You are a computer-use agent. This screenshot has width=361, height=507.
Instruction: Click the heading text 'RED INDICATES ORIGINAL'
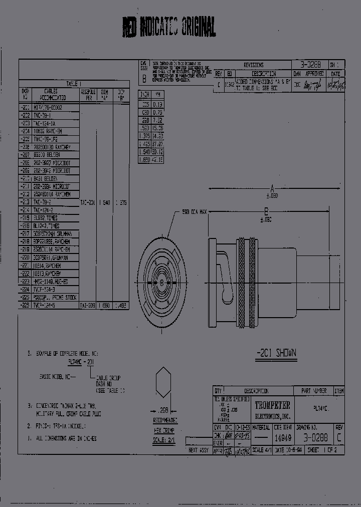(x=169, y=27)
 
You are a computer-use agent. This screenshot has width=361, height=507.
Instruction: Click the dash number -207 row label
(x=25, y=155)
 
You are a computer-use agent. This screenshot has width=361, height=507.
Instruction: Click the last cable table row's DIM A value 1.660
(x=104, y=305)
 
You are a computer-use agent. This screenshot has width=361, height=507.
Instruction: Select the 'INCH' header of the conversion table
(x=144, y=94)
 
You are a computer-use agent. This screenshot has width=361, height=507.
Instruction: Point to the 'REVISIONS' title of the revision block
(x=253, y=65)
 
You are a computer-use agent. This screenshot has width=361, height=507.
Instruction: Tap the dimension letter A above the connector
(x=272, y=189)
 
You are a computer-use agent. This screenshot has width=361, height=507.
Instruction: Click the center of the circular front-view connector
(x=162, y=283)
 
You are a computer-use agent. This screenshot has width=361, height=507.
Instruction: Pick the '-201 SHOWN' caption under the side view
(x=275, y=353)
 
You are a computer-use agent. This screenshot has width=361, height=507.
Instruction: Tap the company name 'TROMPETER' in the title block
(x=272, y=404)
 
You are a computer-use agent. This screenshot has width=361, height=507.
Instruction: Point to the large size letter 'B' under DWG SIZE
(x=144, y=79)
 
